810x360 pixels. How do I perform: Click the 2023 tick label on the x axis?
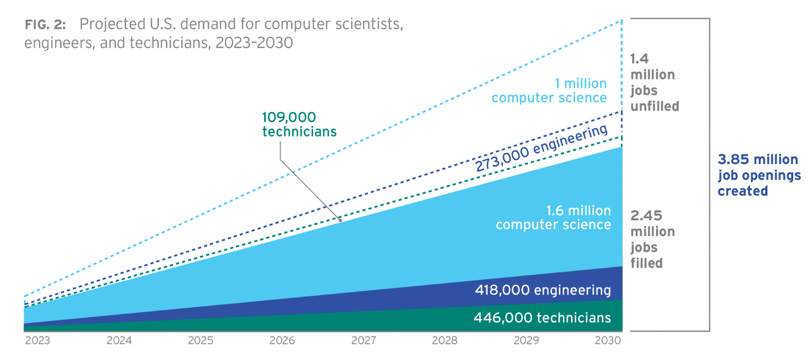[38, 341]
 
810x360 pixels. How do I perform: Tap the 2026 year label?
[282, 341]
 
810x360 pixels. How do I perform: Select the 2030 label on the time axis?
[608, 341]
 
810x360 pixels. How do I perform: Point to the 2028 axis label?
[445, 341]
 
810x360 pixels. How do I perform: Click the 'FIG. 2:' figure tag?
[45, 25]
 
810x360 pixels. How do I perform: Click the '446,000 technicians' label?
[542, 318]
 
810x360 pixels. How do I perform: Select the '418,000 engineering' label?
[543, 290]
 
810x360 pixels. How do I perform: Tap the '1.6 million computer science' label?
[553, 218]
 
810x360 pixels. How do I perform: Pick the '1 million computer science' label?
[549, 91]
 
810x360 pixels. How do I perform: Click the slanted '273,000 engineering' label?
[541, 148]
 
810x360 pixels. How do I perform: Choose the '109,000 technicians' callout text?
[299, 124]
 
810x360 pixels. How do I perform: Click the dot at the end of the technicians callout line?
[340, 220]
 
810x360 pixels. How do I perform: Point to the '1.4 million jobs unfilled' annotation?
[655, 83]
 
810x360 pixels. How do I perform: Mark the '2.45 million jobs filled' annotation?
[653, 239]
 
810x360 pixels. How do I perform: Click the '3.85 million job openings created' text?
[759, 175]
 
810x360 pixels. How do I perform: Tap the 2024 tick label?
[119, 341]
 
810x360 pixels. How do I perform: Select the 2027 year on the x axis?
[363, 341]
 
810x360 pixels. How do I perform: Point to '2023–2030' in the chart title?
[254, 43]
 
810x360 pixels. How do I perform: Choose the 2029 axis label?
[526, 341]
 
